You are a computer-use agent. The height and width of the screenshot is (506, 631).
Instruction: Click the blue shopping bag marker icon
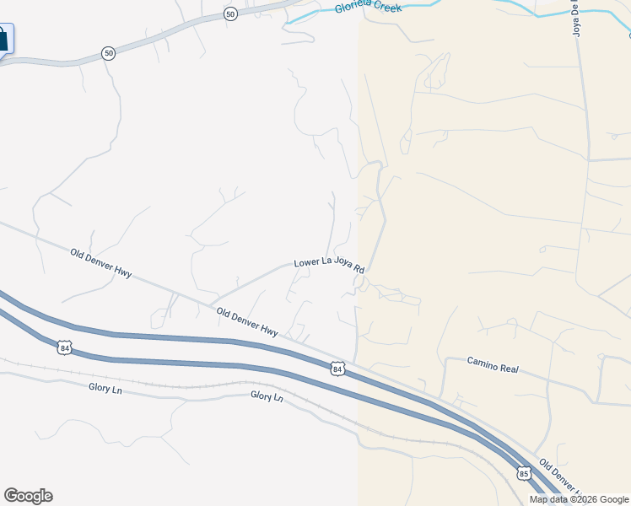point(3,39)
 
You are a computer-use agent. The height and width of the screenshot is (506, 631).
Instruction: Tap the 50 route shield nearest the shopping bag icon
point(108,53)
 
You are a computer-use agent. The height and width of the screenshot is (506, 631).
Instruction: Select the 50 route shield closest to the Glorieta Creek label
point(230,14)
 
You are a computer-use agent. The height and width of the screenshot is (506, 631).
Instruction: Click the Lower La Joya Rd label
point(329,265)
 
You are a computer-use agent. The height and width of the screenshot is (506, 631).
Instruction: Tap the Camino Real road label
point(493,364)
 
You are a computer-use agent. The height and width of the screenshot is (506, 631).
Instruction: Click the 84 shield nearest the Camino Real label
point(337,369)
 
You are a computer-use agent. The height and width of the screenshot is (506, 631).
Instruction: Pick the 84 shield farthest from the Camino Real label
point(64,347)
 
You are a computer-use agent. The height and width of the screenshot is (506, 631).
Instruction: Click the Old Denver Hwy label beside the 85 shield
point(560,477)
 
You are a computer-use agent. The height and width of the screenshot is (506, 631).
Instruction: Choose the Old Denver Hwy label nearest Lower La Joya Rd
point(246,321)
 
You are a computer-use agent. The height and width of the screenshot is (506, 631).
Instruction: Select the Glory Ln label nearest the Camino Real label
point(267,396)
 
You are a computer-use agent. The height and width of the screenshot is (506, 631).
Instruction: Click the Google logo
point(28,496)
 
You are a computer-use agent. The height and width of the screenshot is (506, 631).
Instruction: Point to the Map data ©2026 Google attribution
point(579,499)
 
